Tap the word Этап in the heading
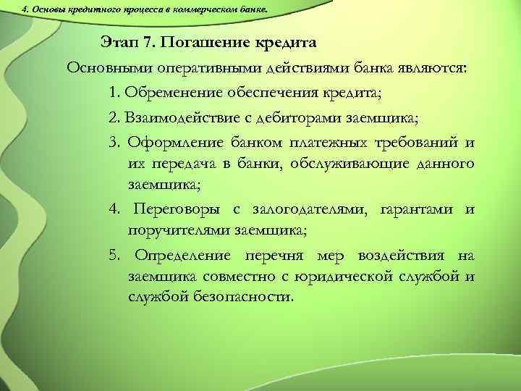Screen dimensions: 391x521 [121, 42]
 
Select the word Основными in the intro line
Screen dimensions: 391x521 [105, 67]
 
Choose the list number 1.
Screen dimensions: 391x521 [114, 92]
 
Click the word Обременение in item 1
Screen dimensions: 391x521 [171, 92]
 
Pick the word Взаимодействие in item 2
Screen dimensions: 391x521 [185, 117]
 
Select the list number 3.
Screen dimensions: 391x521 [114, 141]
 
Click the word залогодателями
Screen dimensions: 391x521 [310, 209]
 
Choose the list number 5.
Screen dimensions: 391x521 [114, 255]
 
